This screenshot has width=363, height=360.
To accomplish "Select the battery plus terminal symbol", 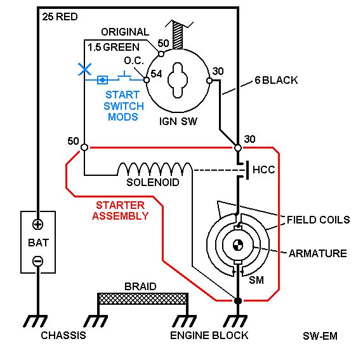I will coord(38,224).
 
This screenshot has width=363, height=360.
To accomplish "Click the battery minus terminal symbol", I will coord(38,260).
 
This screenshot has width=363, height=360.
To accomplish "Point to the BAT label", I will coord(38,242).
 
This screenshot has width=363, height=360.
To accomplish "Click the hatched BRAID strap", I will coord(142,299).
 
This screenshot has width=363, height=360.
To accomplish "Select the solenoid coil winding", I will coord(154,168).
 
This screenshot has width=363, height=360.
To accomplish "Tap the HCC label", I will coord(263,171).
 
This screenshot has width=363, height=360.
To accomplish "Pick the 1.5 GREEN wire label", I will coord(115,47).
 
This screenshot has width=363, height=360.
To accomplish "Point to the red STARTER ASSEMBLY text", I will coord(121,210).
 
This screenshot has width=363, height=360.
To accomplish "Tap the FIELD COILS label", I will coord(318,220).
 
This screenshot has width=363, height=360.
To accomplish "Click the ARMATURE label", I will coord(317,253).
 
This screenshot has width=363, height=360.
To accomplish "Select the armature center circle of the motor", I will coord(237,244).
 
